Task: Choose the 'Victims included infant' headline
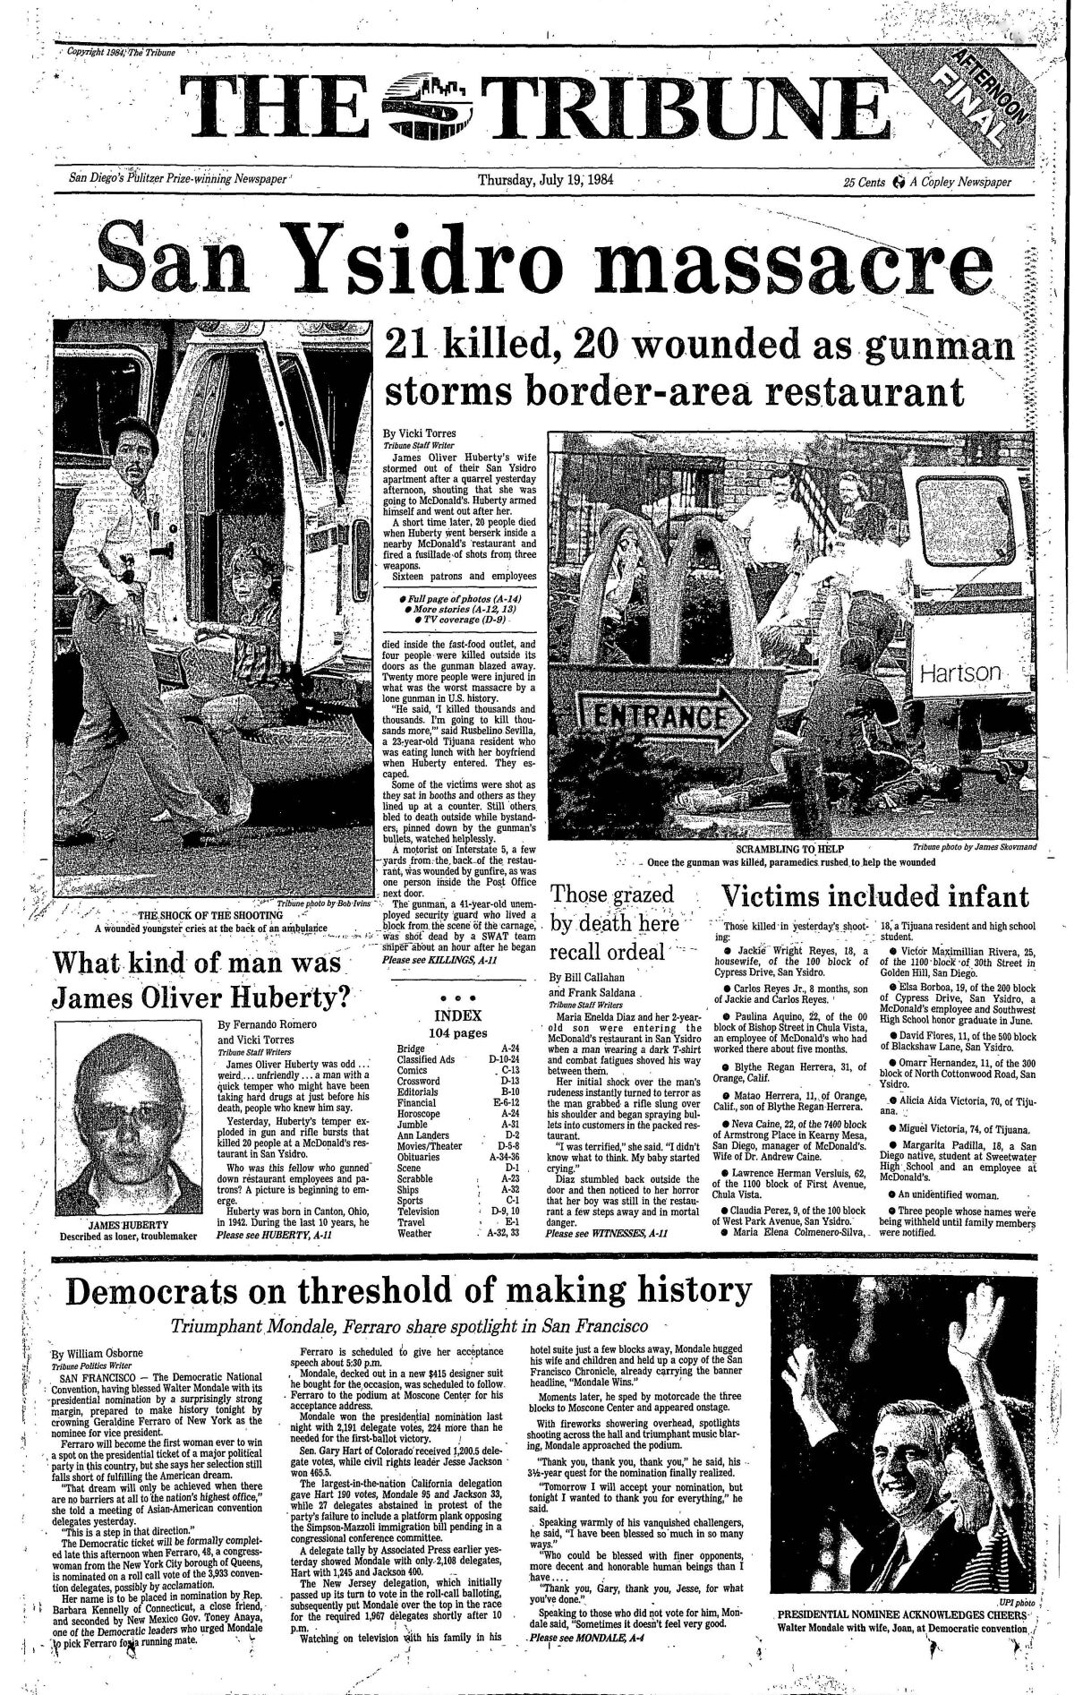coord(875,897)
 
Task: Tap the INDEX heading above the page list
coord(457,1015)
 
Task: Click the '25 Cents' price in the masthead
coord(864,182)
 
